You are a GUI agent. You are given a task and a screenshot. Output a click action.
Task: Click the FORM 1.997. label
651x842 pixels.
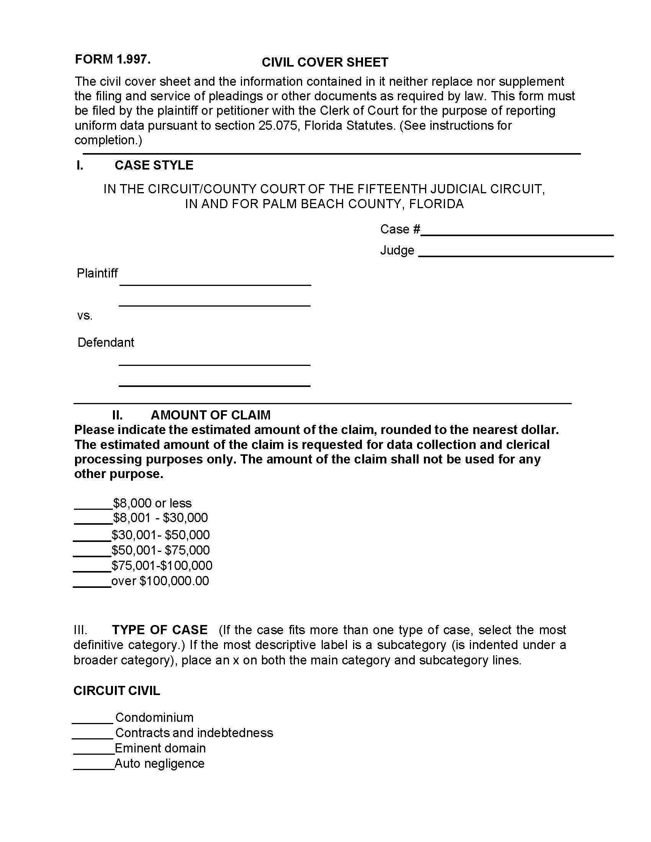pos(113,59)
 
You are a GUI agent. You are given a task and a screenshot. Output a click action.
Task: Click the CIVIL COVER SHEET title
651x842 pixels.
pos(325,62)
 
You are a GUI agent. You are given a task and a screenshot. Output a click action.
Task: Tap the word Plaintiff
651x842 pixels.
pos(97,273)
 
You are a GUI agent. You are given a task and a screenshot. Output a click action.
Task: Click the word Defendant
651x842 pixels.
pos(106,343)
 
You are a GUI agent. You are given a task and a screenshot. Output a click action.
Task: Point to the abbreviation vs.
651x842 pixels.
pos(85,316)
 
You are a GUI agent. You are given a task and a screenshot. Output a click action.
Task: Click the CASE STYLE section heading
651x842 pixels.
pos(154,165)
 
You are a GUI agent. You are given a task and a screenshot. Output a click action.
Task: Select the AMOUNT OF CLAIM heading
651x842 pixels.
pos(210,415)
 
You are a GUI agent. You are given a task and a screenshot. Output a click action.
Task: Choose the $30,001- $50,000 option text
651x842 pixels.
pos(160,535)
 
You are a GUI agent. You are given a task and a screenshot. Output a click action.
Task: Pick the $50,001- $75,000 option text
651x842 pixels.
pos(160,550)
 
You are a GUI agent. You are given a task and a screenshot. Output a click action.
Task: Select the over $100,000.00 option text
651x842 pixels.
pos(160,581)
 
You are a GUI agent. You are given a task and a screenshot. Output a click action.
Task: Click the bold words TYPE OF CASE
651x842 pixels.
pos(160,630)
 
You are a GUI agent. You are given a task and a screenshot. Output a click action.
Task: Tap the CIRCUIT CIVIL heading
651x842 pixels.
pos(116,691)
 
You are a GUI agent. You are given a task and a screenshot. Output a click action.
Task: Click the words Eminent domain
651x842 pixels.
pos(160,748)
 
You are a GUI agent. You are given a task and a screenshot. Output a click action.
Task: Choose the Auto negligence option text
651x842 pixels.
pos(159,764)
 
